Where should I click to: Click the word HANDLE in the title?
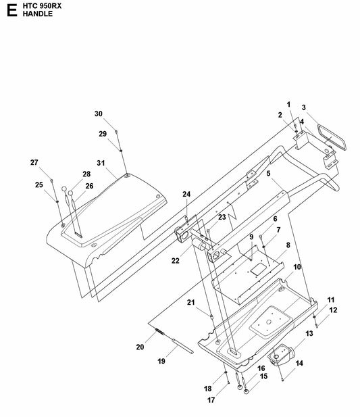37,14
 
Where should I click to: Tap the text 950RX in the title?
49,6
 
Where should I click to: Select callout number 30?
99,114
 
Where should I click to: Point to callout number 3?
304,107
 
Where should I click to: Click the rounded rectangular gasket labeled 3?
332,138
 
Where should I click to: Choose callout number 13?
309,333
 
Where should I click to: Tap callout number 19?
161,361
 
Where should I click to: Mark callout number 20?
140,347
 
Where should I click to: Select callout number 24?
186,194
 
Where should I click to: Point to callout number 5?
268,174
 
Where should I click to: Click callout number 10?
297,267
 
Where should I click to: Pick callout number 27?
34,162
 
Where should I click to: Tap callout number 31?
101,163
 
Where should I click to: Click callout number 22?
176,261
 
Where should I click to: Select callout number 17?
211,400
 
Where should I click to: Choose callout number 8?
288,245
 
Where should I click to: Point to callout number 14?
299,364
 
